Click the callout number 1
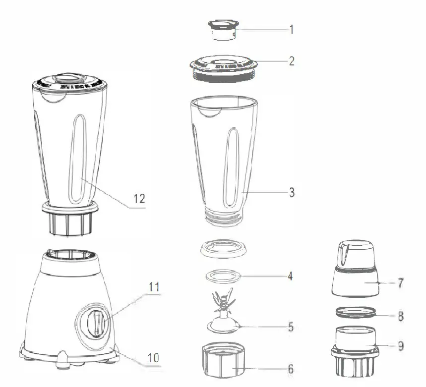point(291,29)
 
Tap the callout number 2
point(292,61)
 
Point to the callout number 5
point(292,327)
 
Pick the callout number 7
point(400,284)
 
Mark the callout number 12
point(139,199)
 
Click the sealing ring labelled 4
point(223,275)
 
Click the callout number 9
point(400,345)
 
